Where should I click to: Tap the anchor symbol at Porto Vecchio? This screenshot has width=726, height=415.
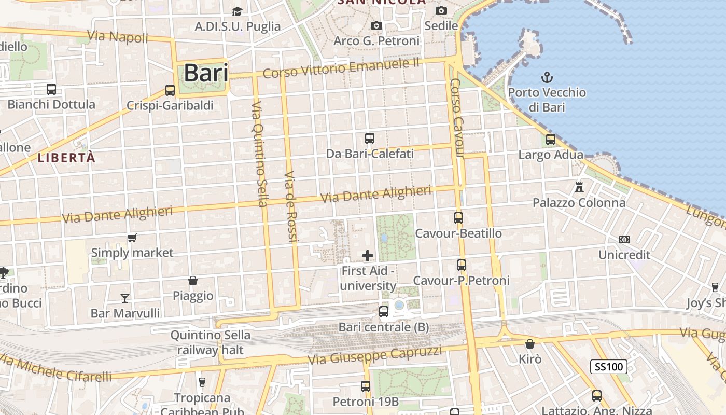(x=547, y=78)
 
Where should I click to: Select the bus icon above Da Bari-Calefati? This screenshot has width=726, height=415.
(x=370, y=139)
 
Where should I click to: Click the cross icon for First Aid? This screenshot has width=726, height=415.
(x=368, y=255)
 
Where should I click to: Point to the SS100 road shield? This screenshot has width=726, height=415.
(x=609, y=367)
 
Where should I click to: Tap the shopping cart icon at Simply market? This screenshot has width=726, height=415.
(x=132, y=238)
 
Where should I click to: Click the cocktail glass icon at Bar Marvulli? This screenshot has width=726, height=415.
(x=125, y=298)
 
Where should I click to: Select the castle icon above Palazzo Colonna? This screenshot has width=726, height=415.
(x=579, y=187)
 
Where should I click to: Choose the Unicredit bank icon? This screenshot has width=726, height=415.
(x=624, y=240)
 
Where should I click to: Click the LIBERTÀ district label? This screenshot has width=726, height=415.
(x=67, y=158)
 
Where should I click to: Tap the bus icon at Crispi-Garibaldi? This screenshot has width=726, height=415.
(x=170, y=90)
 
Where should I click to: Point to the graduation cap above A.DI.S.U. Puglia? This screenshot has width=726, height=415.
(x=237, y=11)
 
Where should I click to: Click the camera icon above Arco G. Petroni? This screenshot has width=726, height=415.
(x=376, y=25)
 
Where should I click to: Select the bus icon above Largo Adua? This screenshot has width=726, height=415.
(x=551, y=139)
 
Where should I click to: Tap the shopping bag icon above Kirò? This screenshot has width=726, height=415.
(x=530, y=344)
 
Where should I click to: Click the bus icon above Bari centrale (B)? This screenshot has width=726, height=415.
(x=384, y=312)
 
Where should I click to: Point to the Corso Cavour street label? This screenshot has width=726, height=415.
(x=457, y=118)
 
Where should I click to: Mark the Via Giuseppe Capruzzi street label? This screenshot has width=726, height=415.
(x=375, y=355)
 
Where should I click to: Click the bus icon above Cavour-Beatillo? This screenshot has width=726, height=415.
(x=458, y=218)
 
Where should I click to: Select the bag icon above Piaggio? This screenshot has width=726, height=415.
(x=193, y=281)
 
